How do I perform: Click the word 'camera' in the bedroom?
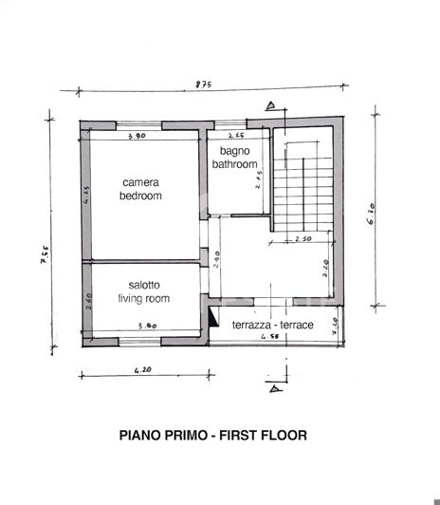pos(140,182)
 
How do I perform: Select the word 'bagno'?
pos(234,151)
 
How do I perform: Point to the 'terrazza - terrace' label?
pos(273,325)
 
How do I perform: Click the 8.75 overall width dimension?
pos(203,85)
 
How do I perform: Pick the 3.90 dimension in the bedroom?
pos(137,137)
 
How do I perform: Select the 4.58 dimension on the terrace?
pos(269,336)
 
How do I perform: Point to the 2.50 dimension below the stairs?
pos(302,239)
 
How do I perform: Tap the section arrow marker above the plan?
pos(272,105)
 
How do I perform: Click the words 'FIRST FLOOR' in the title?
pos(262,436)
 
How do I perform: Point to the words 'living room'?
pos(144,298)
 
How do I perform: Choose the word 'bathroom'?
pos(234,164)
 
